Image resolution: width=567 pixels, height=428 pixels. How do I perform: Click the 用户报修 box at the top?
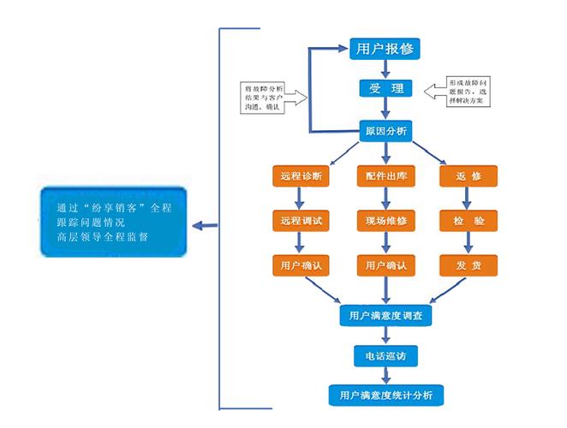coord(385,49)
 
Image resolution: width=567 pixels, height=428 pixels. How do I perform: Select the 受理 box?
coord(385,88)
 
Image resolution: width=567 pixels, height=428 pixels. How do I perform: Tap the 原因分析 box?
coord(385,131)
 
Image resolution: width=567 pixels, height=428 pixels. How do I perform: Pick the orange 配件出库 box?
coord(385,176)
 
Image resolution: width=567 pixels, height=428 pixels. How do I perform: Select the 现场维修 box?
coord(385,221)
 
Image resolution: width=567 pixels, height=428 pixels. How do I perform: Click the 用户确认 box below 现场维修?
coord(385,265)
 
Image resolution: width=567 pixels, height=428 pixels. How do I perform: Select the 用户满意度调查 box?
coord(385,315)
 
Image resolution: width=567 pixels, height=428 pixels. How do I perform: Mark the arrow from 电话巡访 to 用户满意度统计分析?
coord(385,375)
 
